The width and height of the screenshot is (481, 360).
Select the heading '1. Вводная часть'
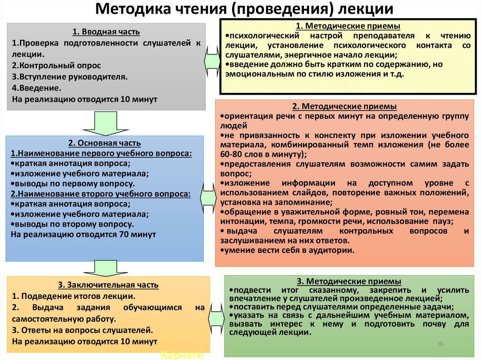point(106,32)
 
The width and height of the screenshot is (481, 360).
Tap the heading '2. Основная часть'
point(104,143)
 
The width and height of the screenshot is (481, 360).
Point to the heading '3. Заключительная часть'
point(108,285)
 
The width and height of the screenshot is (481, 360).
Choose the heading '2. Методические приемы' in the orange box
point(344,107)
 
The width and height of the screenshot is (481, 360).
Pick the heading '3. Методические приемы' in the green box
point(349,281)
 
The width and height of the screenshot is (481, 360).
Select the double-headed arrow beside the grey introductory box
point(213,59)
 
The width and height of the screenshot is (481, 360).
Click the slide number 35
point(441,345)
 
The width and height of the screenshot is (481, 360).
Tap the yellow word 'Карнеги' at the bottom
point(181,355)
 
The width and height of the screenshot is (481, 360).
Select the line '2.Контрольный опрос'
point(56,65)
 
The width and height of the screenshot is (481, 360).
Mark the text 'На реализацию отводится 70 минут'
point(83,234)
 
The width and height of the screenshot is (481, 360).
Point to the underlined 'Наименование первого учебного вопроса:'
point(102,153)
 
